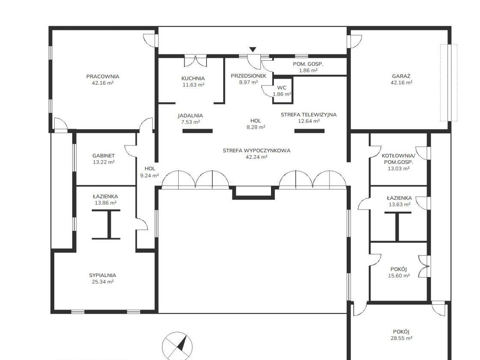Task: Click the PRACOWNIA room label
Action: [103, 77]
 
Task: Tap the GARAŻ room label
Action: [401, 76]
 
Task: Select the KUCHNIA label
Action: [193, 78]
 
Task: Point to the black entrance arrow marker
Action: [253, 50]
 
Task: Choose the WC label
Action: [282, 88]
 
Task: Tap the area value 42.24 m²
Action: [256, 157]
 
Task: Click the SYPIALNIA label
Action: [103, 275]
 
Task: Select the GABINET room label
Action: [103, 156]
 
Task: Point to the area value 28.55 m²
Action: [401, 338]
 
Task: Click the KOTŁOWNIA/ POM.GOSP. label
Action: [398, 159]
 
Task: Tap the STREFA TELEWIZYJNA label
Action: [309, 115]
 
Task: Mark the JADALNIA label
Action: [190, 116]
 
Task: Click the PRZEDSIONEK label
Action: [249, 76]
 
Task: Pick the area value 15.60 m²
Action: [399, 275]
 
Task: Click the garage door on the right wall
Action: [449, 83]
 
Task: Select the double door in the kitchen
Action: [195, 61]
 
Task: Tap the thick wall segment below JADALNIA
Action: [197, 131]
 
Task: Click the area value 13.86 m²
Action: [106, 203]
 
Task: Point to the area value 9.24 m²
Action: [150, 176]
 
